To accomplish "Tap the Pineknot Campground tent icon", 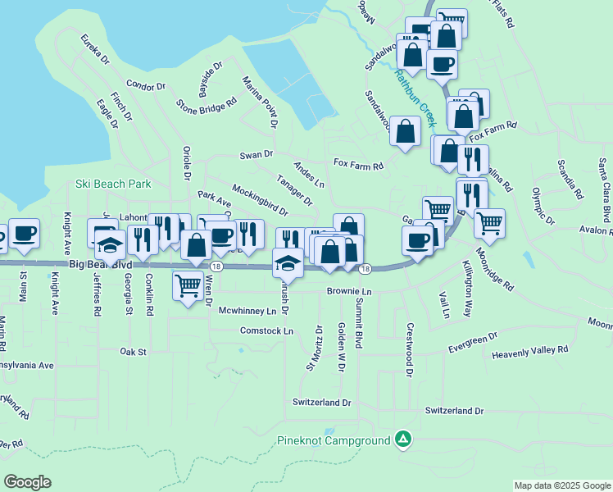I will pyautogui.click(x=402, y=440).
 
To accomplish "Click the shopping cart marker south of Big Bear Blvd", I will pyautogui.click(x=188, y=287).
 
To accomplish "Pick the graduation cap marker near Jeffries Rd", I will pyautogui.click(x=110, y=244).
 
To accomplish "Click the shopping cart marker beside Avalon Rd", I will pyautogui.click(x=489, y=223).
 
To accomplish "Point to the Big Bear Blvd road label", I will pyautogui.click(x=100, y=266).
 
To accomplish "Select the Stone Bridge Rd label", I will pyautogui.click(x=207, y=104).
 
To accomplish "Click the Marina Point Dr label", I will pyautogui.click(x=260, y=102).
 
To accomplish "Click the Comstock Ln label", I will pyautogui.click(x=266, y=330).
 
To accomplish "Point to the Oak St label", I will pyautogui.click(x=132, y=352).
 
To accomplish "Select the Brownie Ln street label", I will pyautogui.click(x=349, y=291).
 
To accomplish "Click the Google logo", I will pyautogui.click(x=27, y=482).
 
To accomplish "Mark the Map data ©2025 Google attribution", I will pyautogui.click(x=561, y=485).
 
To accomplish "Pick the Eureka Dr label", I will pyautogui.click(x=94, y=50).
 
